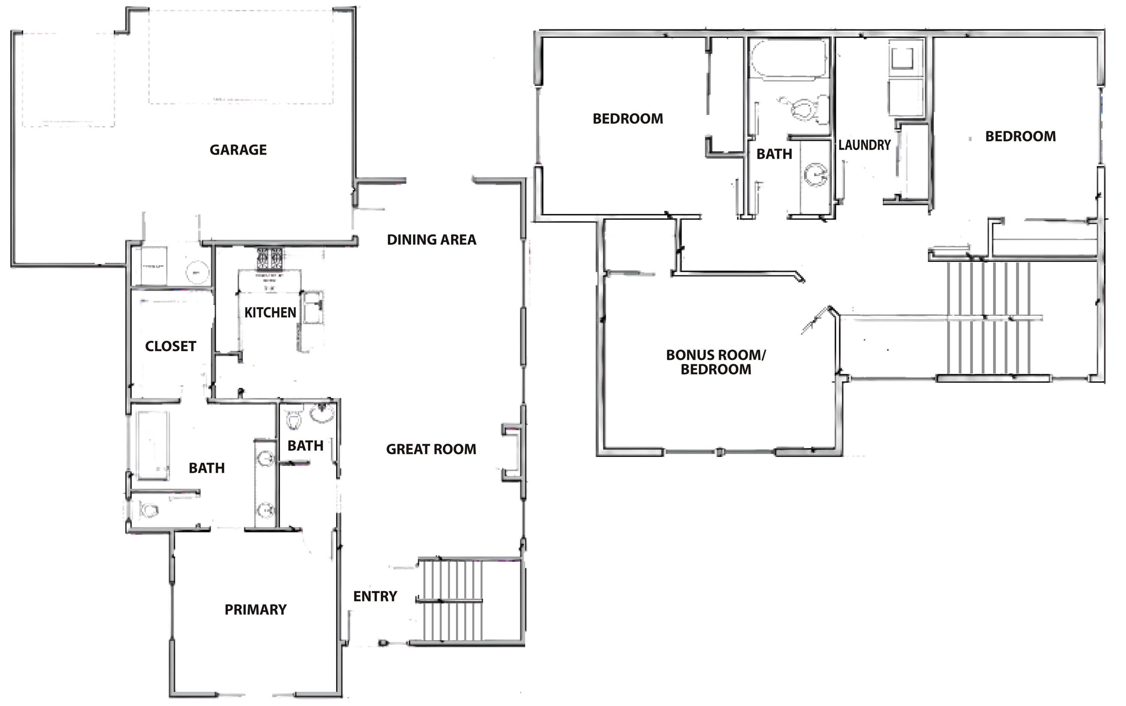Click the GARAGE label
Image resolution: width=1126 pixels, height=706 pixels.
click(238, 150)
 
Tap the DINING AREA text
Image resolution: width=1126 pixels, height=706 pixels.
click(431, 240)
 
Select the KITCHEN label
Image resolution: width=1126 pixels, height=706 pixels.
click(270, 312)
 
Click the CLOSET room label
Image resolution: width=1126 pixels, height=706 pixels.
click(170, 347)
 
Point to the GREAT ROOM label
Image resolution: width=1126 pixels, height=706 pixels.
click(431, 449)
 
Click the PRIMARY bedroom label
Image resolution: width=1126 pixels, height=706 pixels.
click(256, 609)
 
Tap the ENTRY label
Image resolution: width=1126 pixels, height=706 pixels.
click(375, 596)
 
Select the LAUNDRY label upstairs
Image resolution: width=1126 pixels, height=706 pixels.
click(864, 145)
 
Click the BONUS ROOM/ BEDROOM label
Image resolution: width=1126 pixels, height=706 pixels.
click(716, 362)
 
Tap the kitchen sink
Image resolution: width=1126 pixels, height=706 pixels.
click(312, 307)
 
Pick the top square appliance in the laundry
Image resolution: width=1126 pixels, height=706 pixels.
click(903, 59)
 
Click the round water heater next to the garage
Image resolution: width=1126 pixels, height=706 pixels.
click(197, 272)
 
